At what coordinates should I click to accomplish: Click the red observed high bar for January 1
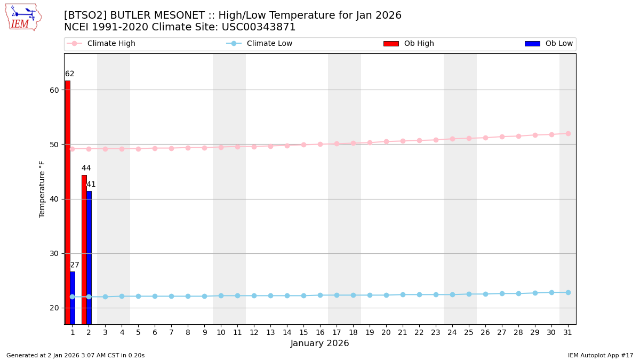click(67, 203)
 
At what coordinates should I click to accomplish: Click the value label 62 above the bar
click(70, 74)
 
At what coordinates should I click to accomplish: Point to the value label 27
click(75, 265)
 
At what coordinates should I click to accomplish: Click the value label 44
click(86, 168)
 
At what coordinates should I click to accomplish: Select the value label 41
click(91, 185)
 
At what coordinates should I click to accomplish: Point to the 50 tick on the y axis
click(54, 145)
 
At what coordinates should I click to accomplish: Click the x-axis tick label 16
click(320, 332)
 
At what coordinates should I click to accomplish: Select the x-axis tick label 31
click(568, 332)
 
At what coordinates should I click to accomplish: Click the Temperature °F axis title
click(42, 189)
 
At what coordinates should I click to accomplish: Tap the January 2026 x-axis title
click(320, 343)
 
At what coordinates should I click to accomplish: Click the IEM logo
click(23, 17)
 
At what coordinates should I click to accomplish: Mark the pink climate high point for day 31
click(568, 133)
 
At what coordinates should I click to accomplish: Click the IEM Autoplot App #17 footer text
click(601, 355)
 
